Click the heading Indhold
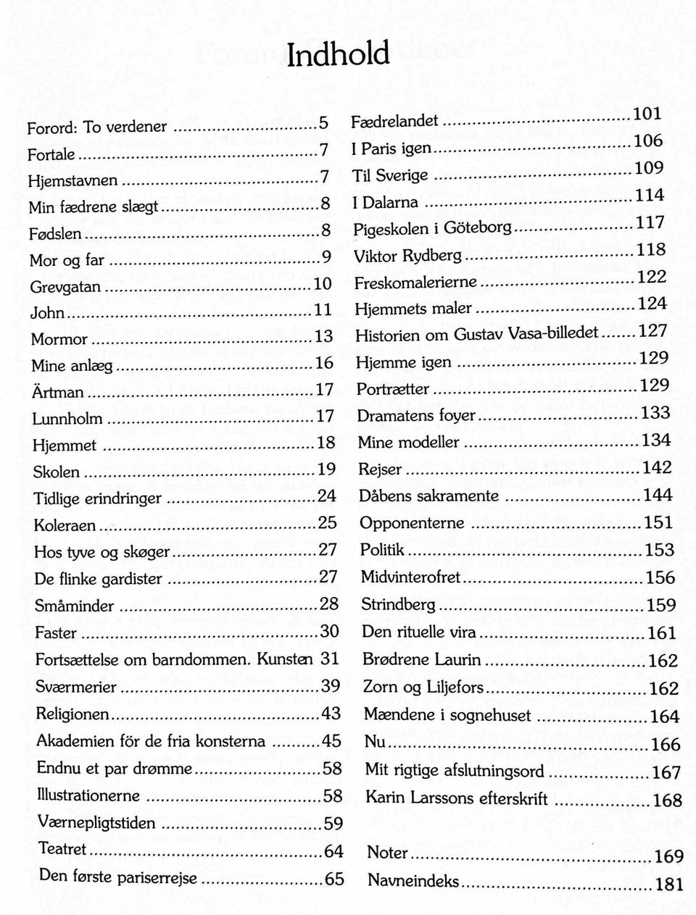tap(339, 54)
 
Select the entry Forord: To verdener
tap(97, 128)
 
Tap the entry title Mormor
tap(59, 339)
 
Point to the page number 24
tap(327, 496)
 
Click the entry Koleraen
tap(65, 525)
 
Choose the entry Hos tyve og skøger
tap(101, 552)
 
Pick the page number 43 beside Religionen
tap(331, 714)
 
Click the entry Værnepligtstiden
tap(96, 822)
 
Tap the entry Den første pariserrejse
tap(118, 877)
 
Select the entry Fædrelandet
tap(395, 120)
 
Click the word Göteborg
tap(478, 227)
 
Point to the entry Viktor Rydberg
tap(407, 256)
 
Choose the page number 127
tap(652, 331)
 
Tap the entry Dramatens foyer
tap(416, 415)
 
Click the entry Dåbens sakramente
tap(429, 496)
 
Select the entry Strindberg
tap(399, 604)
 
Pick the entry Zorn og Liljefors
tap(423, 687)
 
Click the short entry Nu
tap(376, 742)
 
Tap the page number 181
tap(668, 884)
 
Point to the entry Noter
tap(388, 853)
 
